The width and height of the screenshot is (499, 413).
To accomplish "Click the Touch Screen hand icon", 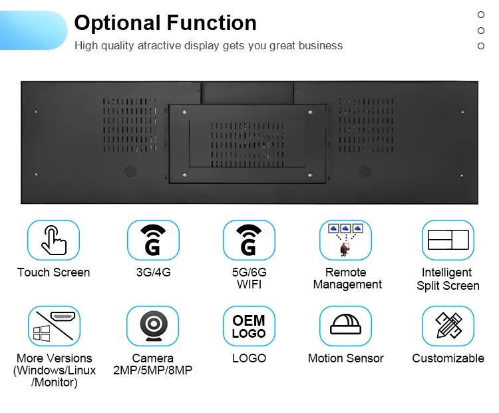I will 53,240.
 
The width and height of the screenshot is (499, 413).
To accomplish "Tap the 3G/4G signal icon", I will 153,240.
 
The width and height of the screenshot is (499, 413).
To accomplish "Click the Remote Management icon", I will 345,240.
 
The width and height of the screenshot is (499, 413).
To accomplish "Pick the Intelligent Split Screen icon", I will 448,240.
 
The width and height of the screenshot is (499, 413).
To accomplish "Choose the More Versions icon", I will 53,326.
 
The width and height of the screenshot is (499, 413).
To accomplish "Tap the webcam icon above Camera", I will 153,326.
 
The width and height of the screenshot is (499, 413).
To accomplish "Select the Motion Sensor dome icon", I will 345,326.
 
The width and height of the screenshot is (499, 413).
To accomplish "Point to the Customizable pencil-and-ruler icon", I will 448,326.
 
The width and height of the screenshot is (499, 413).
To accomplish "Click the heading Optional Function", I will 165,23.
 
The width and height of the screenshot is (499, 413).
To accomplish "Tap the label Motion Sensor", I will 345,358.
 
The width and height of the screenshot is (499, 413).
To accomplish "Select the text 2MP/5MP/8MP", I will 153,370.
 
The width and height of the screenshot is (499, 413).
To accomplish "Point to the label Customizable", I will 448,358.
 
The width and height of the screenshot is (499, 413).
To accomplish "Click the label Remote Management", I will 347,278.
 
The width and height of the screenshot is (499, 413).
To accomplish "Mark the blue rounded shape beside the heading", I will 33,31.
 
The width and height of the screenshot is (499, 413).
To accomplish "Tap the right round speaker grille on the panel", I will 365,171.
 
